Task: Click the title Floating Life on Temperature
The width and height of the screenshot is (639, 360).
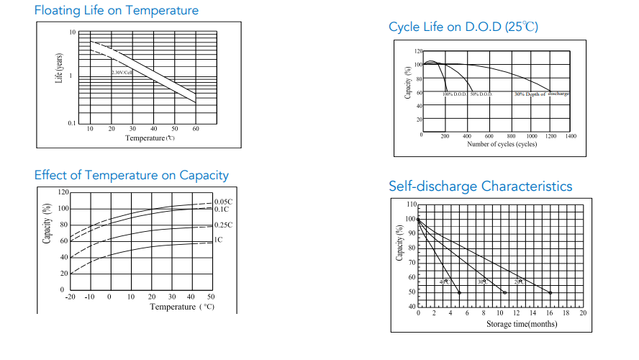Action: [x=117, y=11]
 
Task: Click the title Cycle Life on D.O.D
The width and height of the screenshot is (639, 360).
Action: [x=463, y=27]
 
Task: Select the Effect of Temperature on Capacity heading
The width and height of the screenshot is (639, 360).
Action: [x=132, y=175]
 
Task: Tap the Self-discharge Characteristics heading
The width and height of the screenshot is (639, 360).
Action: [x=481, y=186]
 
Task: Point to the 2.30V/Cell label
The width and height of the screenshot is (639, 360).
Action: [x=122, y=72]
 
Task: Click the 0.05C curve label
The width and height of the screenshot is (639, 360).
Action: [x=224, y=202]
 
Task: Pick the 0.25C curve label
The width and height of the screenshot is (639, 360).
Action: [x=224, y=225]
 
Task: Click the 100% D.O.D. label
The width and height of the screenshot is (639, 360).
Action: [x=455, y=94]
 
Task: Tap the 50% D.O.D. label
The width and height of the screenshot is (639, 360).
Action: [x=481, y=94]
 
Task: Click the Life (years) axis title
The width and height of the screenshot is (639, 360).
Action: [x=60, y=68]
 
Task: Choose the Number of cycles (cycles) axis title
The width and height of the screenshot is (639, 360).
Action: [x=502, y=144]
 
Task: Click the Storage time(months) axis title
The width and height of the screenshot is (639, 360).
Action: [x=521, y=324]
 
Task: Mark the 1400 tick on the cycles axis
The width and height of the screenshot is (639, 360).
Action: [x=571, y=136]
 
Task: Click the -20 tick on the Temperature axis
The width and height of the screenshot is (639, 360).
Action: [x=70, y=297]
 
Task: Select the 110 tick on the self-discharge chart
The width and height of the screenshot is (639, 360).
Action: [x=410, y=205]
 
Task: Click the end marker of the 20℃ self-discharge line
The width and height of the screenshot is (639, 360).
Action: [x=550, y=292]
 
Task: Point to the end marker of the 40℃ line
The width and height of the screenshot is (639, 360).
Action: [x=459, y=292]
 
